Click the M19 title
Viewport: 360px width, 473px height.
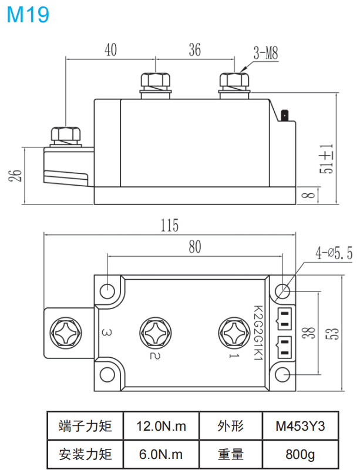28,14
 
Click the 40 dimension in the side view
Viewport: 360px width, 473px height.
110,51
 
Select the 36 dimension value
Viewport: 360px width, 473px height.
194,51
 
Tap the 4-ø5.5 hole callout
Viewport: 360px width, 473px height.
334,253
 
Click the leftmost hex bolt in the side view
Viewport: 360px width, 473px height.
66,137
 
